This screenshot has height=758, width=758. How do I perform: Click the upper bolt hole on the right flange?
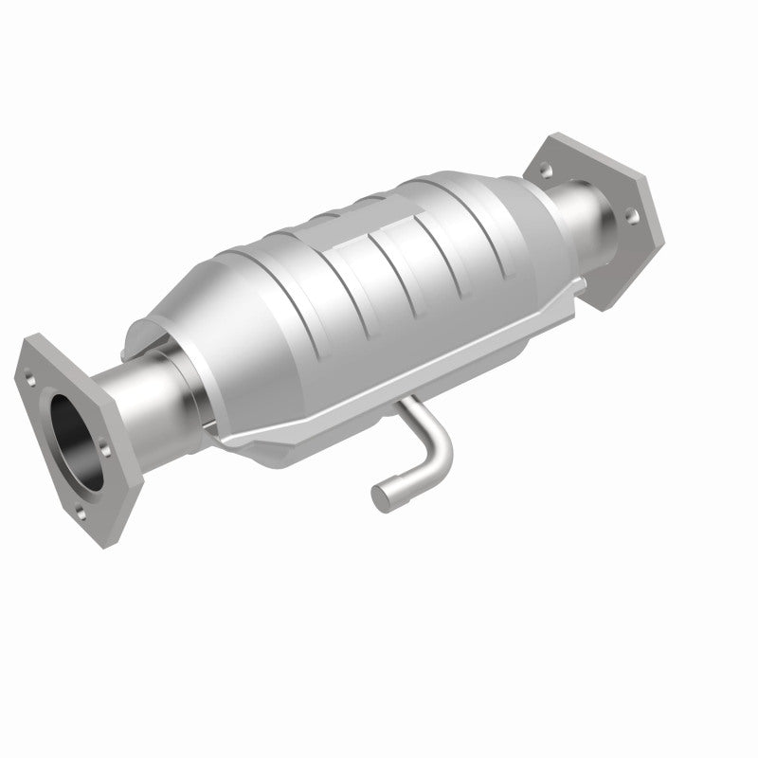547,171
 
